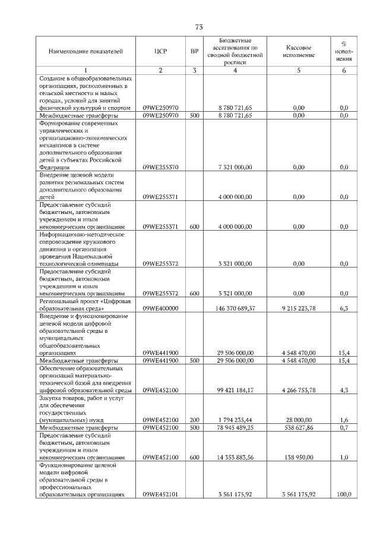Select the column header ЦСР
160,51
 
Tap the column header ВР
194,51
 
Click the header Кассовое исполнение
299,51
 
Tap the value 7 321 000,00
236,168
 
